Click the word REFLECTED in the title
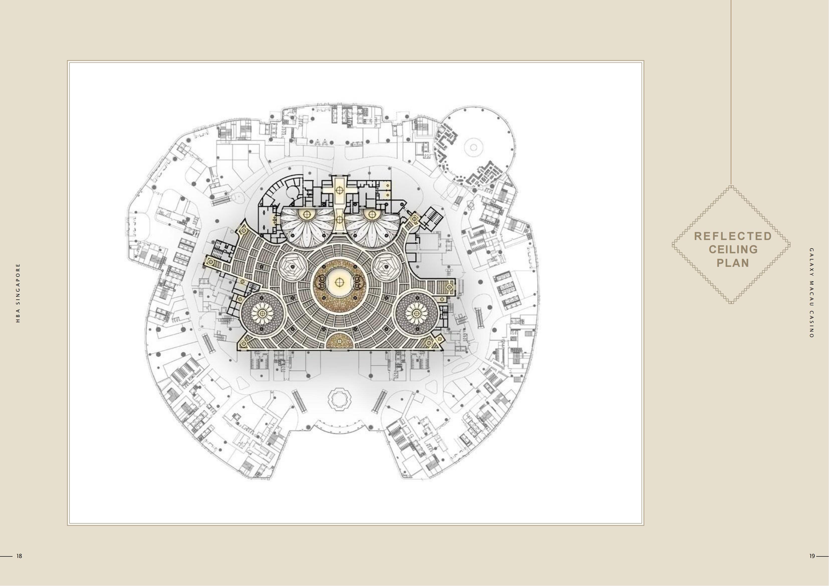point(733,236)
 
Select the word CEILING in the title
point(733,250)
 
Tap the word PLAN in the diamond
point(733,263)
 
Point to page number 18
point(19,556)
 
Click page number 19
point(812,556)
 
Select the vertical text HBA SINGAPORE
point(18,293)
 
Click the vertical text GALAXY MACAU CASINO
point(812,293)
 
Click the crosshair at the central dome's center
point(339,282)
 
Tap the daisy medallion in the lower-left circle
point(262,313)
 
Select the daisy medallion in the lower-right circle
point(417,313)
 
